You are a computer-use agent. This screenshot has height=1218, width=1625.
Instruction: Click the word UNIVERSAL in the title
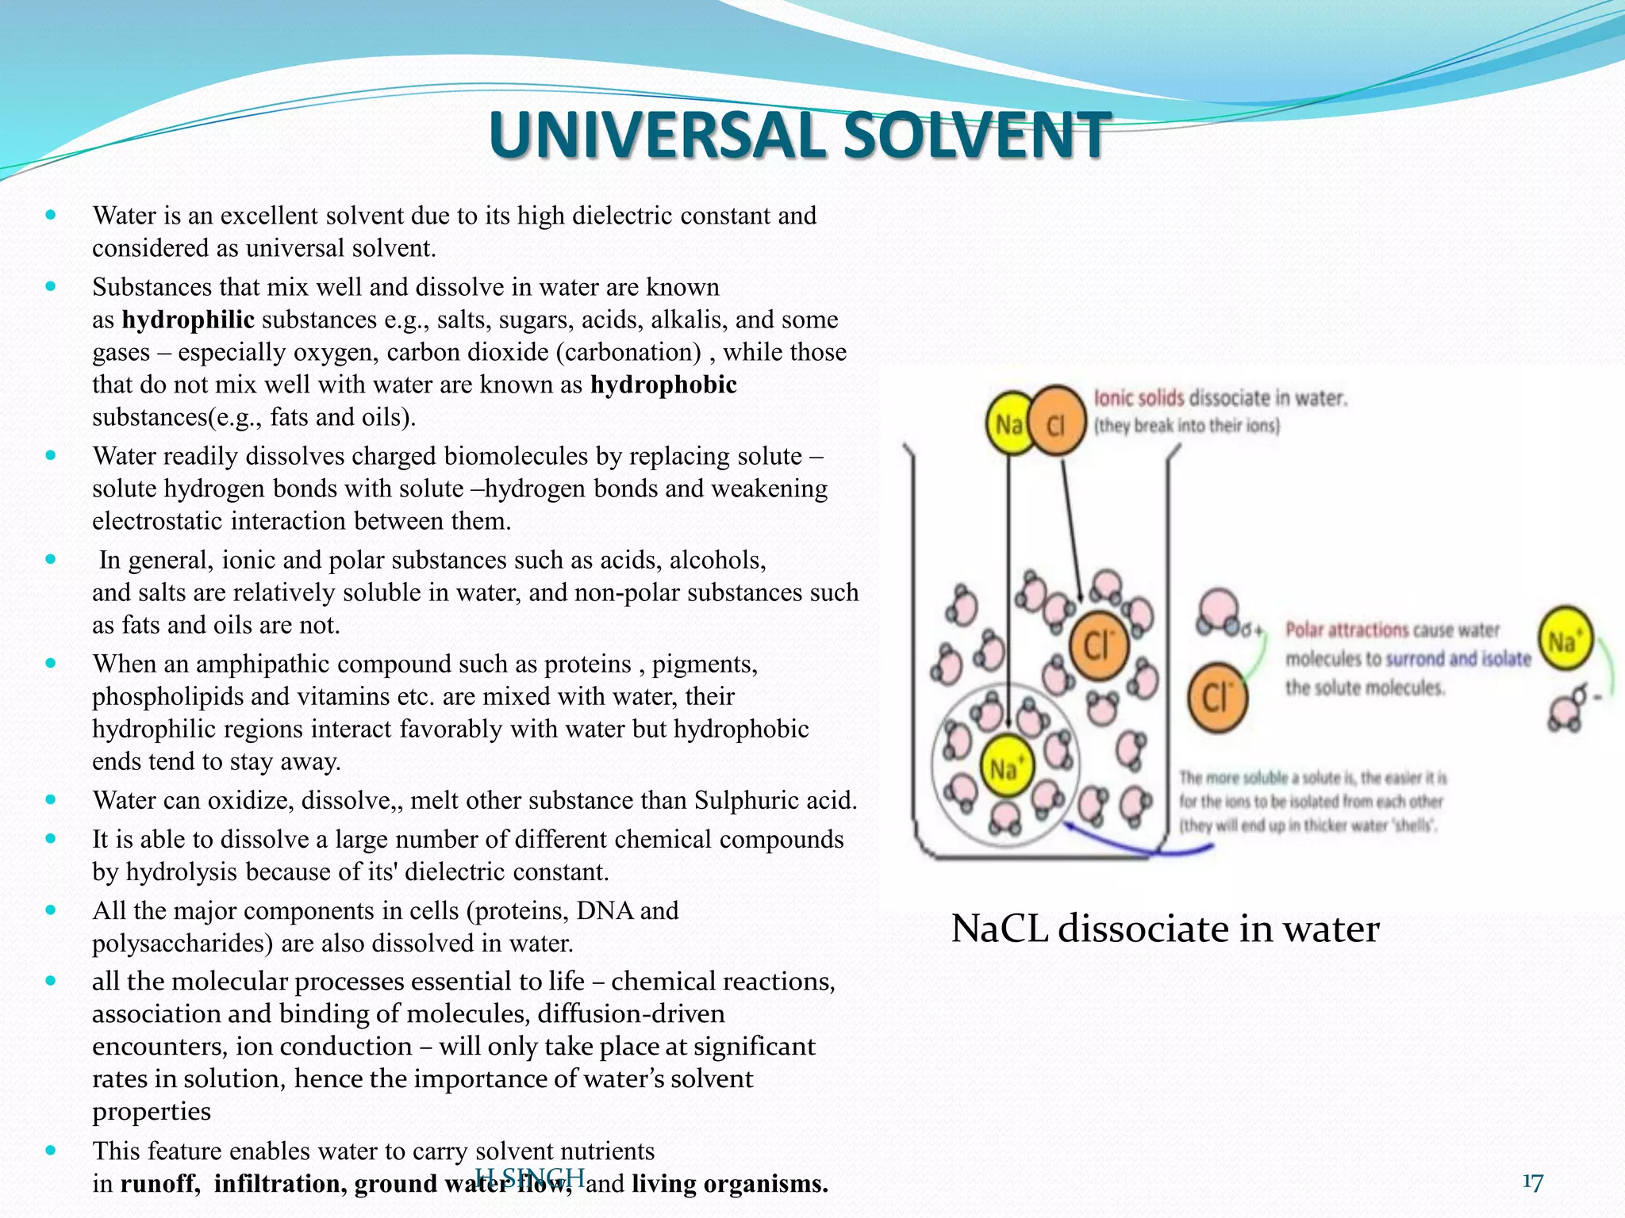coord(658,135)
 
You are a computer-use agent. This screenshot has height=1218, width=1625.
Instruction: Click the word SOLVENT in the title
coord(975,135)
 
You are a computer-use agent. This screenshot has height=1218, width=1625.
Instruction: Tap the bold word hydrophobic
coord(663,385)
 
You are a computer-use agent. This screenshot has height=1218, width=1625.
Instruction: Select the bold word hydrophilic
coord(188,320)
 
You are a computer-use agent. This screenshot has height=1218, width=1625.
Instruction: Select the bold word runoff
coord(159,1184)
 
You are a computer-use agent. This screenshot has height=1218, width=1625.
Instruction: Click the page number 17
coord(1532,1182)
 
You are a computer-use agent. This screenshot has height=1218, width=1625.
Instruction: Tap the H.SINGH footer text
coord(529,1178)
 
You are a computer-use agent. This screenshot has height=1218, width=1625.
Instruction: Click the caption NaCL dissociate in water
coord(1165,929)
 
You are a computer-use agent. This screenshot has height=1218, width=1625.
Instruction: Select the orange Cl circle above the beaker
coord(1057,424)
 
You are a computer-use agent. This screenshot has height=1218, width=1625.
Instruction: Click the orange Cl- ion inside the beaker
coord(1098,645)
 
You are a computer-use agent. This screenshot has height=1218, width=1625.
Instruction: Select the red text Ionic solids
coord(1139,397)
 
